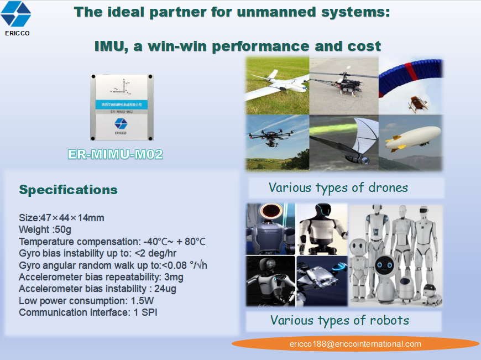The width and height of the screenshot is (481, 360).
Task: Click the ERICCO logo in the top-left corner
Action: pos(17,17)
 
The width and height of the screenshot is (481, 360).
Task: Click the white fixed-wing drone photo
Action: pos(277,86)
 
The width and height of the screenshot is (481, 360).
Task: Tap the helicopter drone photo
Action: pos(343,86)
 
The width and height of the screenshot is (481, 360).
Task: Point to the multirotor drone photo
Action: pos(277,142)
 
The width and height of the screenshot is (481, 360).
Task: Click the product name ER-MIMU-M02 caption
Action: pos(116,154)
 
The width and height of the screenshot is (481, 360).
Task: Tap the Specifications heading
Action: pos(69,190)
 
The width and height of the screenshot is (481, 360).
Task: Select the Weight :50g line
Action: pos(45,229)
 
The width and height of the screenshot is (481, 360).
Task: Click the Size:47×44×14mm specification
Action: pos(61,218)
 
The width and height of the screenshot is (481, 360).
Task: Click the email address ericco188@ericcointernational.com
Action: pos(355,344)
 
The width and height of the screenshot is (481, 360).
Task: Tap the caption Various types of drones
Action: pos(338,188)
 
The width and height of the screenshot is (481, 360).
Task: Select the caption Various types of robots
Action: pos(339,320)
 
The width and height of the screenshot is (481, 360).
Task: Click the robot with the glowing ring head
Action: pos(269,228)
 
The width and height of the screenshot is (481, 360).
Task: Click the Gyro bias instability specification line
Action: pos(97,253)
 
